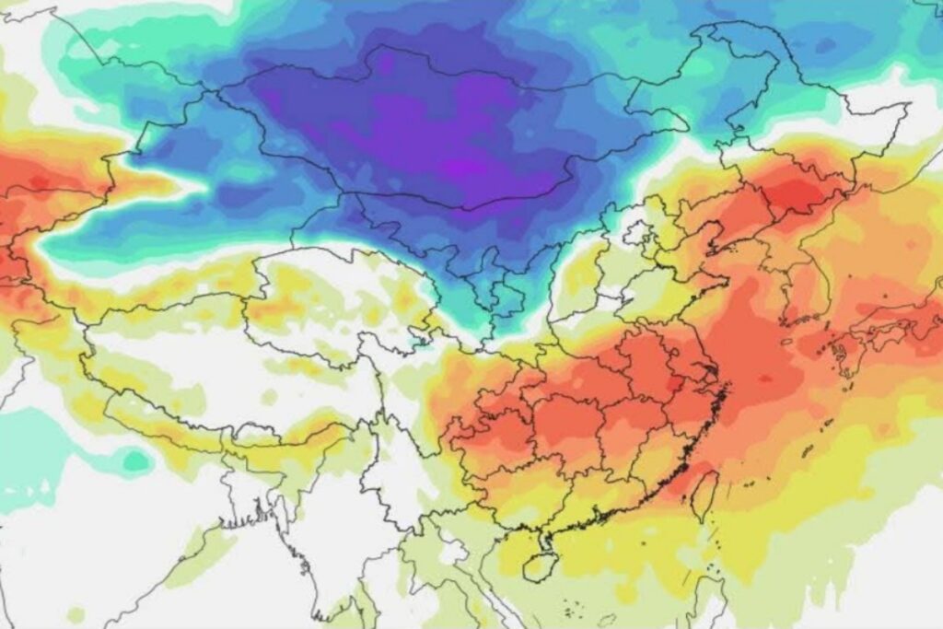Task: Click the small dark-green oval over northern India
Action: (135, 460)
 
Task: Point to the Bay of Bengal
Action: (221, 589)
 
